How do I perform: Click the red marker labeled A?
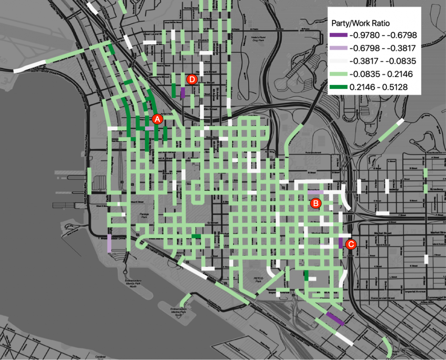[x=158, y=118]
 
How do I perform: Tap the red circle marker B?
[x=315, y=203]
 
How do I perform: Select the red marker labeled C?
[x=351, y=245]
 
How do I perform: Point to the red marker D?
[x=192, y=79]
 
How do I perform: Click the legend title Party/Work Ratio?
[x=360, y=23]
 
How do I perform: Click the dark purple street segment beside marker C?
[x=341, y=243]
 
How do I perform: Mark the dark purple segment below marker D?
[x=183, y=92]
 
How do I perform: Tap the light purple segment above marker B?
[x=316, y=192]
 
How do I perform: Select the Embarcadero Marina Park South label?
[x=180, y=311]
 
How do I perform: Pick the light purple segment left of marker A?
[x=150, y=128]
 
